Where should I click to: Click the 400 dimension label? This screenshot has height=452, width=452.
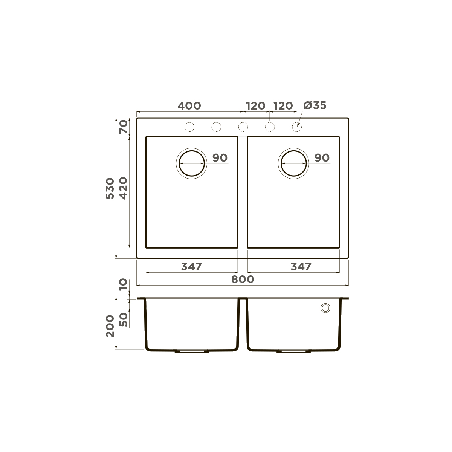(x=189, y=106)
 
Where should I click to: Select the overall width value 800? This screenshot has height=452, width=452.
(x=243, y=279)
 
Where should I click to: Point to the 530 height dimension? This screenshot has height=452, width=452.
(x=109, y=188)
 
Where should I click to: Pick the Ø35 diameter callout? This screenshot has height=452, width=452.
(x=314, y=106)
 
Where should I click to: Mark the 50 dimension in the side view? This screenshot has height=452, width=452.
(x=124, y=319)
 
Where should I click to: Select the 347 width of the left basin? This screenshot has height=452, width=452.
(x=192, y=267)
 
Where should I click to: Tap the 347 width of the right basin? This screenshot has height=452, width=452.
(x=301, y=267)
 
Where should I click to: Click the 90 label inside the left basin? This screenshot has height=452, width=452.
(x=220, y=158)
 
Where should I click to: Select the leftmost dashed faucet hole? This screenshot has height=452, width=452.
(x=189, y=127)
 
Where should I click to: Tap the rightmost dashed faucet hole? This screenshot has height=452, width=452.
(x=297, y=127)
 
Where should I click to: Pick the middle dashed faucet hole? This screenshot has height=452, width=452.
(x=243, y=127)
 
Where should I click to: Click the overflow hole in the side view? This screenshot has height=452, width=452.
(x=325, y=308)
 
